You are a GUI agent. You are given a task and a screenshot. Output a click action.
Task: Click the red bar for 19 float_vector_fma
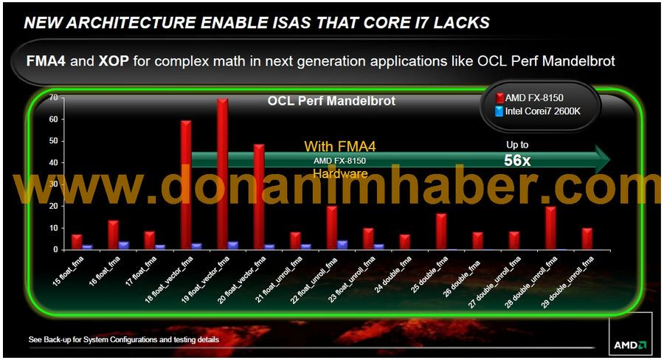(223, 174)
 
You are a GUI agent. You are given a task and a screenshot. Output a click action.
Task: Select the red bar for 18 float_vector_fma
(187, 185)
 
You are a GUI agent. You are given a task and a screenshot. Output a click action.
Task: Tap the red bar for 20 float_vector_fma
(259, 197)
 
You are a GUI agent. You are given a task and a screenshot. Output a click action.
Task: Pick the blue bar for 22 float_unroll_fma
(342, 245)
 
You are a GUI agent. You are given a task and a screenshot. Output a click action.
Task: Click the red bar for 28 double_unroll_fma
(550, 228)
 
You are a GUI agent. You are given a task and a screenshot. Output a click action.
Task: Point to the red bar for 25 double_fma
(441, 232)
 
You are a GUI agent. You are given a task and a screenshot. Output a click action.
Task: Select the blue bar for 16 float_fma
(124, 246)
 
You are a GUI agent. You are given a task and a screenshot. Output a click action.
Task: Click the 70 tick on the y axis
(54, 98)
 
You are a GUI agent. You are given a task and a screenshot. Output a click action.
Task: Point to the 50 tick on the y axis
(54, 141)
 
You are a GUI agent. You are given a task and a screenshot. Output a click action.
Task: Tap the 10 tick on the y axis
(54, 228)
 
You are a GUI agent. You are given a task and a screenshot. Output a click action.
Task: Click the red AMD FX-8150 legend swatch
(499, 98)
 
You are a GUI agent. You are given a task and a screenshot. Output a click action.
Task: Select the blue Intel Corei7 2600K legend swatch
(499, 111)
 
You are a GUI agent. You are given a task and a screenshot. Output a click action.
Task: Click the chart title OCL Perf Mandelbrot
(331, 101)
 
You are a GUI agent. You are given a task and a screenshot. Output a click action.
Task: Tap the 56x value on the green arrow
(517, 161)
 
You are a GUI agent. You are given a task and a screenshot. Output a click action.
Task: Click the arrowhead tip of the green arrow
(610, 159)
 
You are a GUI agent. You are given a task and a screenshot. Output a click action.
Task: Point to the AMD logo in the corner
(630, 345)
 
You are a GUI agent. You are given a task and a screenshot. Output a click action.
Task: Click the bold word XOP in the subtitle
(114, 61)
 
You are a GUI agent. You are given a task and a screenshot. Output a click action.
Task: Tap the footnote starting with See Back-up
(124, 339)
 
